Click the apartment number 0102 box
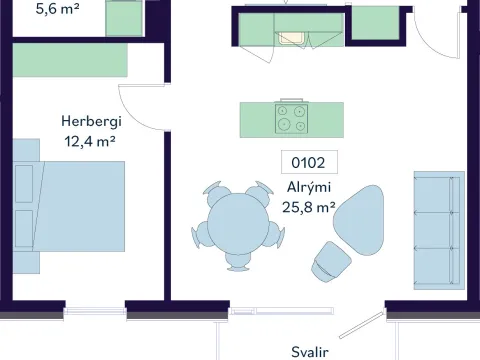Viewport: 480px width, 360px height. [309, 162]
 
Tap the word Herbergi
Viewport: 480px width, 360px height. [91, 122]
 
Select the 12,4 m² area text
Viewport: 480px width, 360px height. [90, 142]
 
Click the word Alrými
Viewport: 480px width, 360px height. [309, 187]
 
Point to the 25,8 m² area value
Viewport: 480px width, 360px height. [309, 207]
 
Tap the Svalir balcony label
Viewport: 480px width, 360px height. [310, 352]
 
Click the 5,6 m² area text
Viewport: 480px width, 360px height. [57, 9]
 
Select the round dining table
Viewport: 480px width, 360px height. [238, 224]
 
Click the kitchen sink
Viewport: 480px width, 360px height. [292, 38]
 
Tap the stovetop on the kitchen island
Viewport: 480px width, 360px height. [292, 119]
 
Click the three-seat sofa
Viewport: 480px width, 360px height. [439, 230]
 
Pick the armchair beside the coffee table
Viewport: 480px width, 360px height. [331, 262]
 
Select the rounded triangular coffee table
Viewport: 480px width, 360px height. [359, 220]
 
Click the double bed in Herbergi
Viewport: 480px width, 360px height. [69, 206]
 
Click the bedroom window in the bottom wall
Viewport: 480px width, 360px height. [95, 311]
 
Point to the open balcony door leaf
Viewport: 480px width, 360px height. [361, 325]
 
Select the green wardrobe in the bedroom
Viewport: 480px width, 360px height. [70, 60]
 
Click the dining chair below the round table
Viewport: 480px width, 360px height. [238, 262]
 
